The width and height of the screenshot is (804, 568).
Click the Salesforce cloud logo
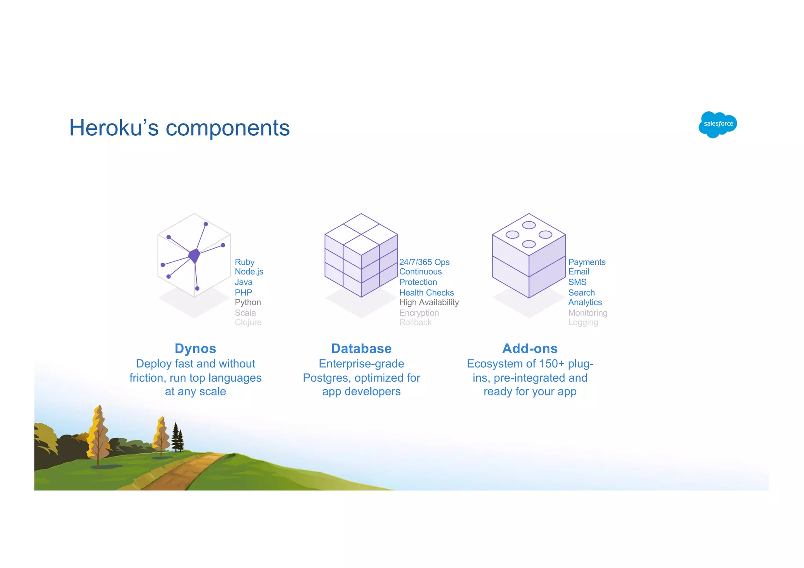click(718, 124)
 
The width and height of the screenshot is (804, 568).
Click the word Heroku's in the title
click(114, 128)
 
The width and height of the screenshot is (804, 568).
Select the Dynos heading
click(195, 348)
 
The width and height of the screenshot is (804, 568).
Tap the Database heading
click(361, 348)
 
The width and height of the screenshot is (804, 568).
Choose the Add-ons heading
click(530, 348)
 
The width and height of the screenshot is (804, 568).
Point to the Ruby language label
click(245, 262)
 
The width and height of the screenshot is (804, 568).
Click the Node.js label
click(249, 271)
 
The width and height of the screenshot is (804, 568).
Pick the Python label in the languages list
click(248, 302)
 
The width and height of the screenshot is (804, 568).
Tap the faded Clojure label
click(248, 322)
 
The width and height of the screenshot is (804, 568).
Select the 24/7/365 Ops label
click(424, 262)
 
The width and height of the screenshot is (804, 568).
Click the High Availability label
click(429, 302)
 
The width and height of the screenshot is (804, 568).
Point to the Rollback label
click(415, 322)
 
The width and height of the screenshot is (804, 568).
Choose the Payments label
click(587, 262)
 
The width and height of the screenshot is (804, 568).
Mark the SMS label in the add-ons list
click(577, 282)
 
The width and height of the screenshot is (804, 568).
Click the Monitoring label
click(588, 313)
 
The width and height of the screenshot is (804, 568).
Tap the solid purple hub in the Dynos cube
click(194, 255)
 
